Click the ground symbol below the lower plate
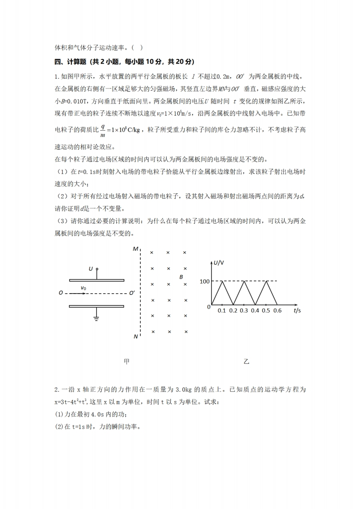96,317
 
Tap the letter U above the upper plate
91,269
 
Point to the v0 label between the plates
84,288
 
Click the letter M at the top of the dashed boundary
135,249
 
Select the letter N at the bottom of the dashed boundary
136,337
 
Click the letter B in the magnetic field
181,277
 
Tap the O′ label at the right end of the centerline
132,293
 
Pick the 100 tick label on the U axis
204,281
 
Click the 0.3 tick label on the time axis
244,311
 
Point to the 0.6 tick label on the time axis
278,311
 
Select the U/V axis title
219,263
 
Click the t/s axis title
297,311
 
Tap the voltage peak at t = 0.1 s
222,281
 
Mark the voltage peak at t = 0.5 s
266,281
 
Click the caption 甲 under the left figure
127,362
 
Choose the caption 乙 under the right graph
247,362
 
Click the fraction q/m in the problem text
103,130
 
